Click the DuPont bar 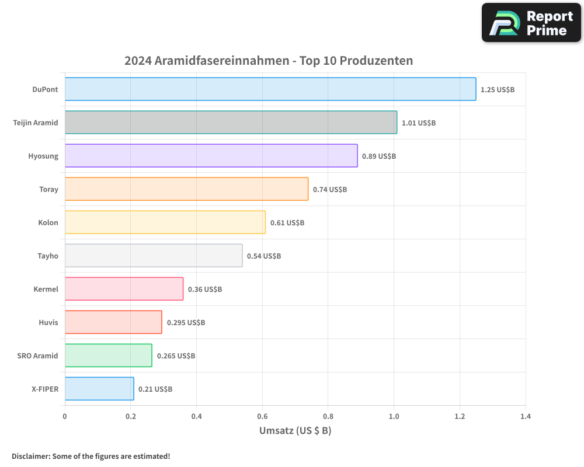[x=270, y=89]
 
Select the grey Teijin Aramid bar [x=231, y=123]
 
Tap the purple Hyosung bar [x=211, y=156]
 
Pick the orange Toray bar [x=186, y=189]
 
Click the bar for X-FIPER [x=99, y=389]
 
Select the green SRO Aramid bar [x=108, y=356]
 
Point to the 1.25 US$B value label [x=497, y=90]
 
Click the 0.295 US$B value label [x=186, y=323]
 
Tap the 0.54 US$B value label [x=263, y=256]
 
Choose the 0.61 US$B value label [x=287, y=223]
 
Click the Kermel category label [x=46, y=289]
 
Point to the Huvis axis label [x=48, y=322]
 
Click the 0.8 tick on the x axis [x=328, y=417]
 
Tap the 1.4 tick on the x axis [x=526, y=417]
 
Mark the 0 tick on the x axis [x=65, y=417]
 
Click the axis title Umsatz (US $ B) [x=295, y=431]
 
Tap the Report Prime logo [x=531, y=23]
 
